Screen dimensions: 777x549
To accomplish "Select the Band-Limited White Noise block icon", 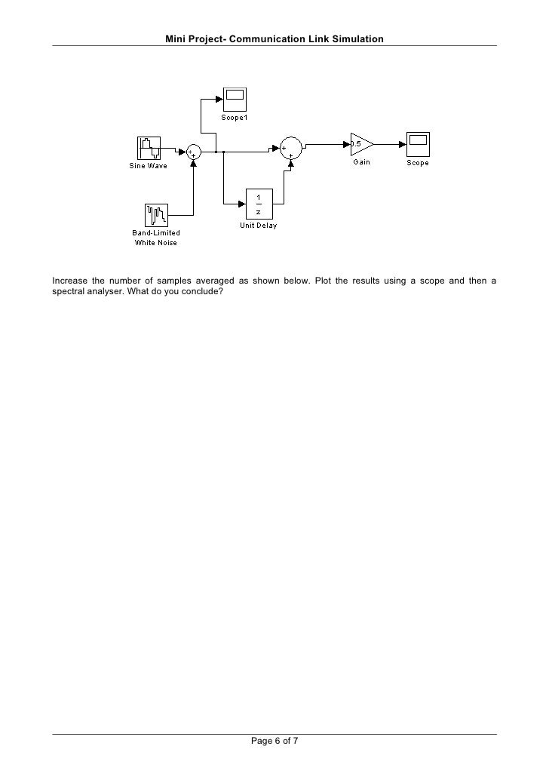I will coord(156,215).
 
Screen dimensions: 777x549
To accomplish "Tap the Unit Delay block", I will coord(258,204).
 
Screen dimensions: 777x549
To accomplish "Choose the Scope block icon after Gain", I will coord(418,143).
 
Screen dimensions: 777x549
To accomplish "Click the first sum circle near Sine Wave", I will coord(194,152).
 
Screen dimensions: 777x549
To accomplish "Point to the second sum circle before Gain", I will coord(291,148).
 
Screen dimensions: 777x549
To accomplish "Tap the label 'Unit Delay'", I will coord(258,226).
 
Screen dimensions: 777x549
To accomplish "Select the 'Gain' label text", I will coord(361,163).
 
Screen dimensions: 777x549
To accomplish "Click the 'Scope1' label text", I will coord(234,118).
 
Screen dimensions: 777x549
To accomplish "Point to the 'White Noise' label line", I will coord(156,242).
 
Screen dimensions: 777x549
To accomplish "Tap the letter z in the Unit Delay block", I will coord(258,211).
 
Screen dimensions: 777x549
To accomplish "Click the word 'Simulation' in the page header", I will coord(357,38).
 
